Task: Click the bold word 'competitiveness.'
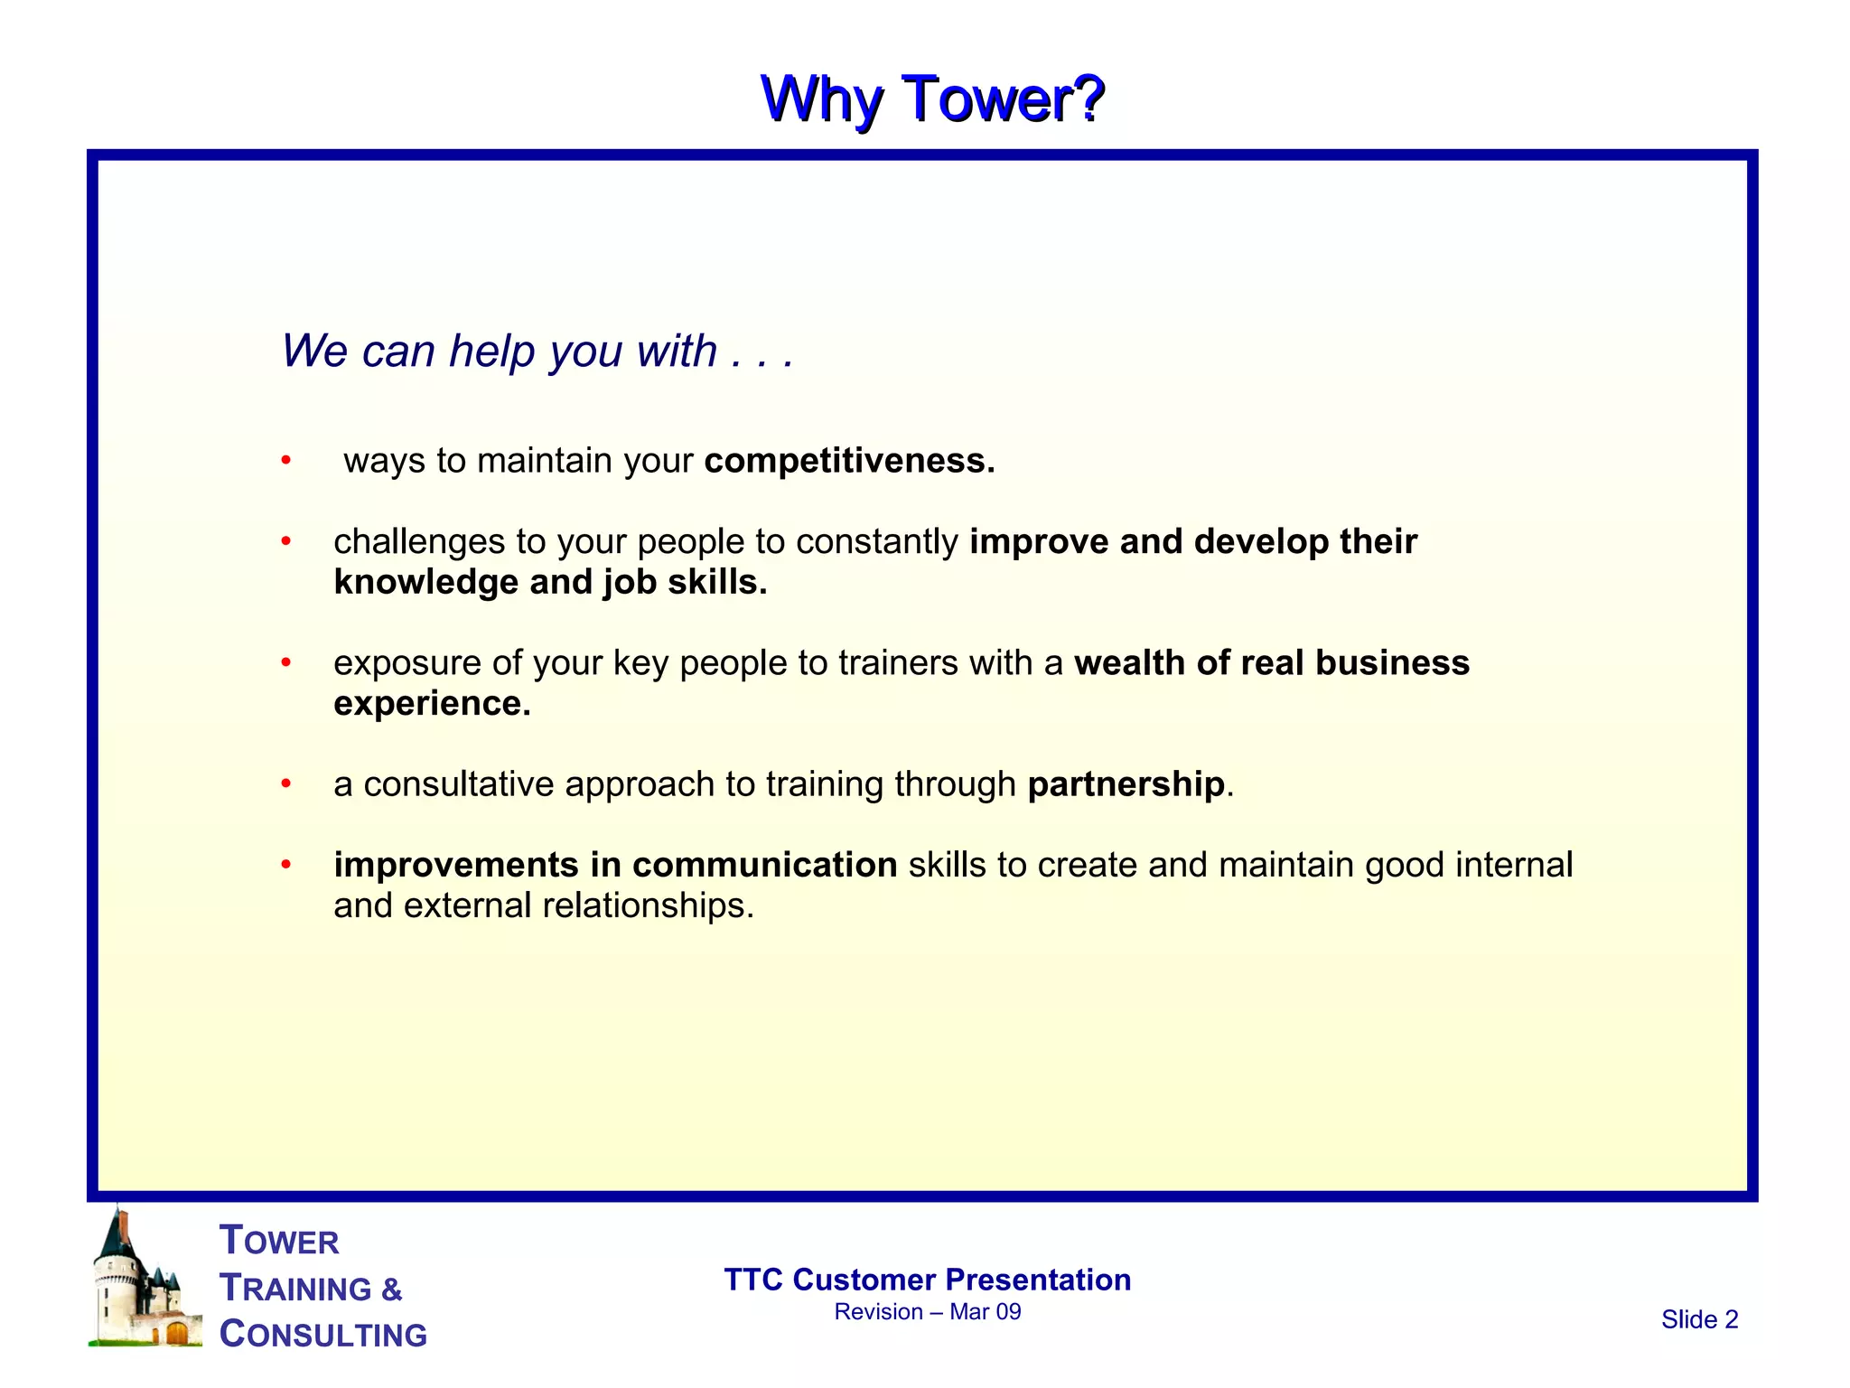click(849, 461)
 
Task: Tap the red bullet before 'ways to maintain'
click(285, 461)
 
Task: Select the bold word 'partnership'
click(1126, 783)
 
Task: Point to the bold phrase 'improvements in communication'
click(614, 865)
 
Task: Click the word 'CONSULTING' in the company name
click(323, 1335)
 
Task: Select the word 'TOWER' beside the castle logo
click(279, 1241)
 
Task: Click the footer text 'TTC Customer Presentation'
click(927, 1280)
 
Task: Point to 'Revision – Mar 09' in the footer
click(927, 1312)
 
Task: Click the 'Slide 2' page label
click(1698, 1319)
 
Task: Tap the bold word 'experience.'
click(432, 704)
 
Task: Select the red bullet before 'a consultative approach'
click(285, 783)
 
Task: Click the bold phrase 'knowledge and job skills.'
click(549, 583)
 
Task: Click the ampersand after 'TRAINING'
click(391, 1290)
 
